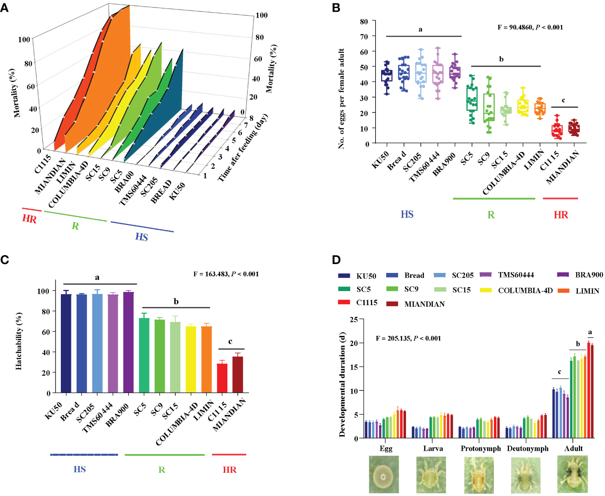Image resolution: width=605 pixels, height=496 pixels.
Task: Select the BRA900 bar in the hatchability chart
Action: [128, 342]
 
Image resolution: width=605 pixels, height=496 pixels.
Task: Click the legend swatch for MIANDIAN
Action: [392, 304]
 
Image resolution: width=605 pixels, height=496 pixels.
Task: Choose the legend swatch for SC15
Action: [440, 290]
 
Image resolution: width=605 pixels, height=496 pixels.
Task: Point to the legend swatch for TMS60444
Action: [486, 275]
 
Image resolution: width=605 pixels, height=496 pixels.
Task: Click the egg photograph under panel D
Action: [384, 474]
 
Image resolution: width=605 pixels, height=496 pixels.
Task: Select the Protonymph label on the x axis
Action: [480, 448]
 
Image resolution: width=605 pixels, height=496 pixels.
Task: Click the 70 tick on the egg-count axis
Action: [364, 37]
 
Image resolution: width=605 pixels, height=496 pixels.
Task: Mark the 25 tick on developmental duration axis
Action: [354, 319]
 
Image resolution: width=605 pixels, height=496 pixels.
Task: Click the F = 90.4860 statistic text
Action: [530, 27]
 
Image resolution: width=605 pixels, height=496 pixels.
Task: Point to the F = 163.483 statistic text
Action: [226, 274]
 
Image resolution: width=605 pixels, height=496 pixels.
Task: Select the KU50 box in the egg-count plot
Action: [387, 76]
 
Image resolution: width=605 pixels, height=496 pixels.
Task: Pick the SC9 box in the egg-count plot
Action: [489, 107]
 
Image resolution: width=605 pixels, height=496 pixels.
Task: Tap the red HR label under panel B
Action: [561, 215]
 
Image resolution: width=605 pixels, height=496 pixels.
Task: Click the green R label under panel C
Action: [162, 470]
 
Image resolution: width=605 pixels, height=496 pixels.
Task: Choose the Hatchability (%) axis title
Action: [19, 341]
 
